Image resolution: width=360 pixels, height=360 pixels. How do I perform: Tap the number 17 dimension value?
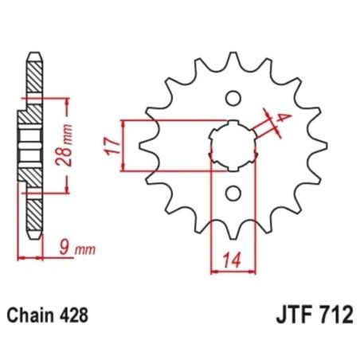[x=112, y=145]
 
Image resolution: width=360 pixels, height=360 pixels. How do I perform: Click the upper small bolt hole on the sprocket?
[x=233, y=99]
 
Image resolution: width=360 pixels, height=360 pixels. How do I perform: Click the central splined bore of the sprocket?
[x=232, y=145]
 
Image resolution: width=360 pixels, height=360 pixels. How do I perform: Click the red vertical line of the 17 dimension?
[x=123, y=145]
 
